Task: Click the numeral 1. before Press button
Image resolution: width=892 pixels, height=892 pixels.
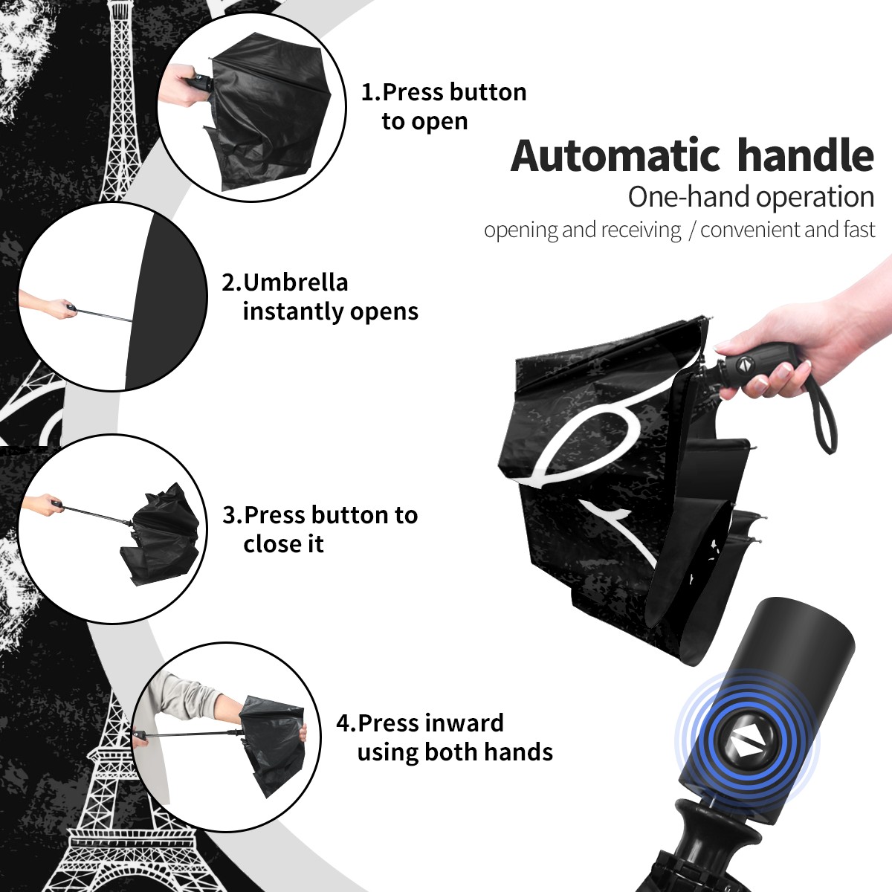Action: click(371, 92)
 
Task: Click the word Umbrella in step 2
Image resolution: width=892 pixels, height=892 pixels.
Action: click(295, 282)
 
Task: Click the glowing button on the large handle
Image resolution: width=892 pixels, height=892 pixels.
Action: click(746, 739)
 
